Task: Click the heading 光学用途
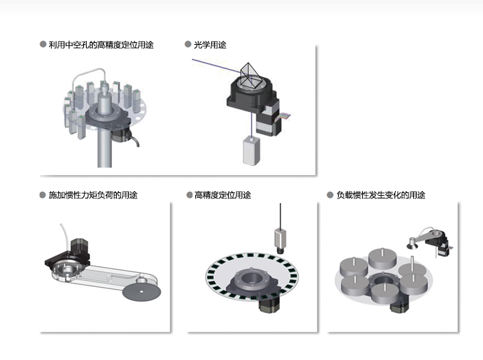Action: point(210,45)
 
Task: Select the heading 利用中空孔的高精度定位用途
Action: point(101,45)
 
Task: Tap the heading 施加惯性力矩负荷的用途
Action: point(93,195)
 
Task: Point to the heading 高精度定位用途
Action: point(223,195)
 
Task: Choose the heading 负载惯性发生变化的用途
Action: point(381,195)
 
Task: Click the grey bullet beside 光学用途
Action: point(188,44)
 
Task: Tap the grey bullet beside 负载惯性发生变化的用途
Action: point(330,195)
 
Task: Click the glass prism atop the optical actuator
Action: point(250,75)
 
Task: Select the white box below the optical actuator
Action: point(252,152)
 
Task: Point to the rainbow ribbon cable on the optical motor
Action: point(284,117)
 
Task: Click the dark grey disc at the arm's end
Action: point(142,292)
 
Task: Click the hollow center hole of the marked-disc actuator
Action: point(252,278)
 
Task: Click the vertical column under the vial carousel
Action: point(105,147)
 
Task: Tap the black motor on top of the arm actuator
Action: point(79,249)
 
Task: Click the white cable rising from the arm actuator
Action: point(64,237)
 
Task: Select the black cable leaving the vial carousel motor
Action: point(134,139)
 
